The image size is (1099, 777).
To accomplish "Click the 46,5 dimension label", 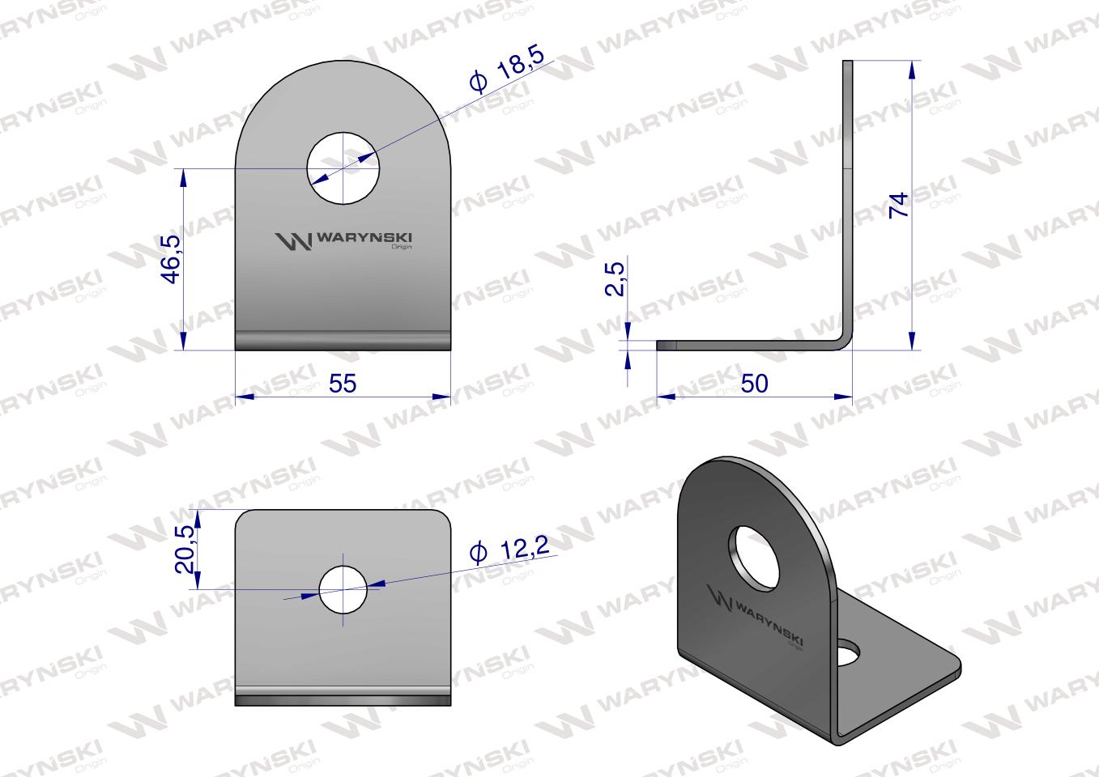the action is point(172,259).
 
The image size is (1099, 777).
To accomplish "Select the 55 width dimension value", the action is point(343,384).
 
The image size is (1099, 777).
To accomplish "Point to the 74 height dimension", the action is point(899,205).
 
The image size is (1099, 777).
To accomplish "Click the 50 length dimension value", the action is point(754,384).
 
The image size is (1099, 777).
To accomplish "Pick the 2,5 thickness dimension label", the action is point(616,279).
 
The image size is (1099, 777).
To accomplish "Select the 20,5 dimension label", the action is point(185,549).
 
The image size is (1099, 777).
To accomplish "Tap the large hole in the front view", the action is point(343,168).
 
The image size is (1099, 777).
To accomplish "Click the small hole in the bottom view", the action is point(343,590).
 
